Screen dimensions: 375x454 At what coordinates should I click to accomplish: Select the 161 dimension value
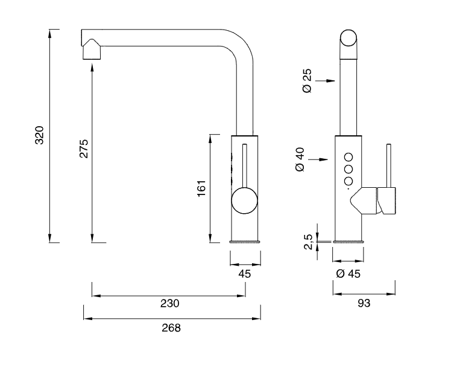202,188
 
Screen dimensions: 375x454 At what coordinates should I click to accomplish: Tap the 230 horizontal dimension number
170,303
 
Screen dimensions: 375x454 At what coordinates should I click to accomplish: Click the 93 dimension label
364,303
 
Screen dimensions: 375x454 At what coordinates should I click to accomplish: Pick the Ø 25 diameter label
307,81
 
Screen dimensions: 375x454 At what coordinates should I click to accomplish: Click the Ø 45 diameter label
348,274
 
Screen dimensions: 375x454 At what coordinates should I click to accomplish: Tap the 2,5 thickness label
307,242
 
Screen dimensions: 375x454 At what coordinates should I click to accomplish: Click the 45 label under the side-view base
244,273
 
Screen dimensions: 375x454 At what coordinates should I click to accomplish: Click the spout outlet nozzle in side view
92,50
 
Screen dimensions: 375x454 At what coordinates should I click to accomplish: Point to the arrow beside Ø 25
325,80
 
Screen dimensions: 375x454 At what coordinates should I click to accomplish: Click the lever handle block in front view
386,201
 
